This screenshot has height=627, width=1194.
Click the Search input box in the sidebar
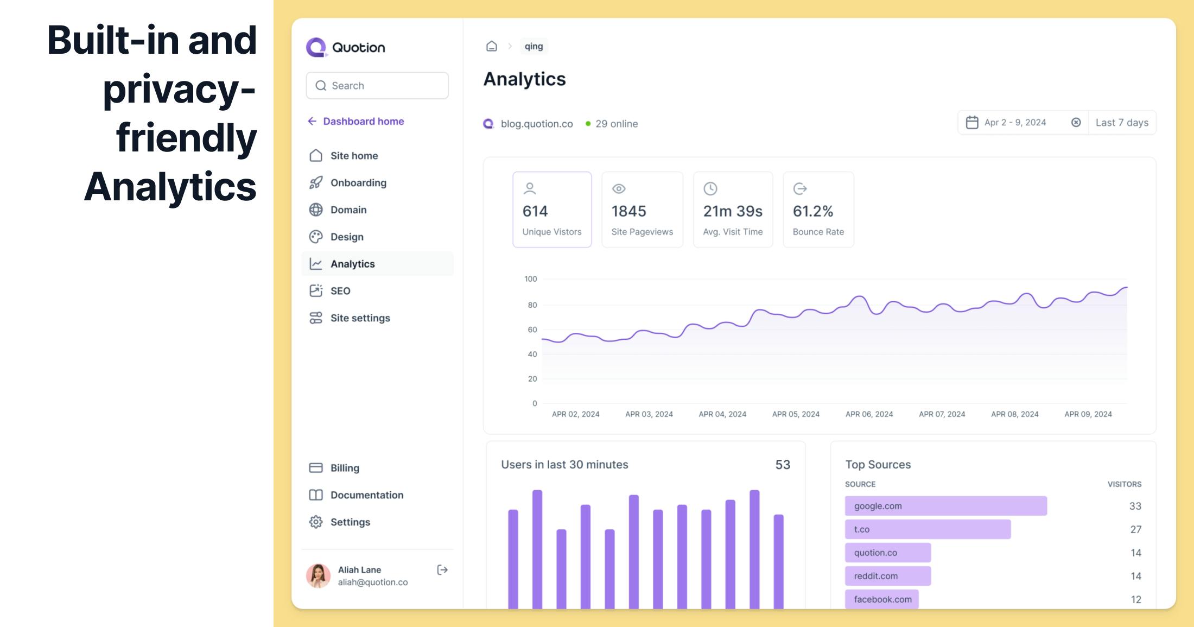[x=377, y=86]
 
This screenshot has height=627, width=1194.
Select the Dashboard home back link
[x=356, y=122]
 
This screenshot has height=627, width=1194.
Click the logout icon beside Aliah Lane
[x=442, y=570]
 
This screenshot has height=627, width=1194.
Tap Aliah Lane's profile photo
[x=319, y=576]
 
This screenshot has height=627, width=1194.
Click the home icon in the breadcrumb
[x=492, y=46]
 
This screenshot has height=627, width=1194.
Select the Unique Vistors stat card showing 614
[x=552, y=210]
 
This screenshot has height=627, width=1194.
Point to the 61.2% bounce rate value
[x=812, y=211]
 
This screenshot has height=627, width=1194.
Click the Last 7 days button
[x=1122, y=123]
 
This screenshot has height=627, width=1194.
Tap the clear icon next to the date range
[x=1076, y=123]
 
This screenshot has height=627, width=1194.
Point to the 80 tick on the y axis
[x=532, y=305]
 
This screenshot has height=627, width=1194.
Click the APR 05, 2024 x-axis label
[x=796, y=414]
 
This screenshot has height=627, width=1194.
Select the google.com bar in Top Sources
[x=945, y=506]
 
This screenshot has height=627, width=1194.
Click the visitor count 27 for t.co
[x=1135, y=529]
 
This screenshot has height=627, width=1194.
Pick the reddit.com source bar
[x=888, y=576]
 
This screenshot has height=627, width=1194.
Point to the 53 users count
[x=783, y=465]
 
